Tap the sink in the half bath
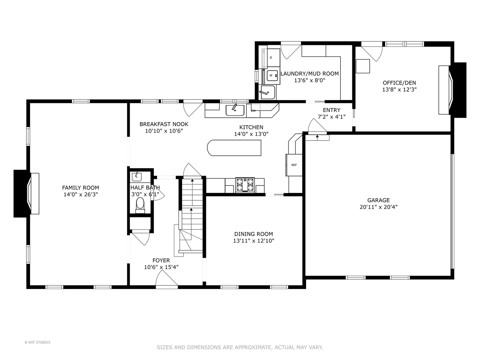tap(137, 177)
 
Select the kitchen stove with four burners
tap(245, 185)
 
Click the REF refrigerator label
tap(294, 165)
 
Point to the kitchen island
tap(234, 148)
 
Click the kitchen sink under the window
tap(235, 110)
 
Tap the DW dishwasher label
tap(253, 111)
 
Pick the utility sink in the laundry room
tap(267, 92)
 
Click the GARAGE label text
tap(378, 200)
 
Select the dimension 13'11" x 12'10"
tap(253, 241)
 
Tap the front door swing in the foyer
tap(167, 279)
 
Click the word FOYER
tap(161, 260)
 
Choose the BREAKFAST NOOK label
tap(164, 124)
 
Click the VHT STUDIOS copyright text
tap(37, 342)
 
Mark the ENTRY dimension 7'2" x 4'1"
tap(331, 117)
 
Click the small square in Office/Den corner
tap(363, 66)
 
